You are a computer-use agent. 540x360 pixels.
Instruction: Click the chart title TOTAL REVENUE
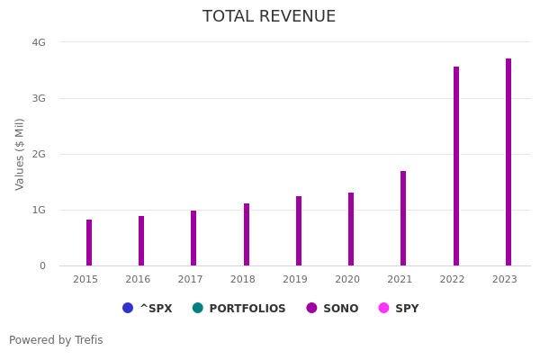click(x=269, y=17)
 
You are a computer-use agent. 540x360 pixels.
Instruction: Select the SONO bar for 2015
click(x=89, y=243)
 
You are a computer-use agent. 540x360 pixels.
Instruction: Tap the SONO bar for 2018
click(x=247, y=235)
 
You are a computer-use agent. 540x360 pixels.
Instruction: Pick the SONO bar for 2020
click(x=351, y=229)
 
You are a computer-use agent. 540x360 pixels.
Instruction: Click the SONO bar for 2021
click(x=403, y=219)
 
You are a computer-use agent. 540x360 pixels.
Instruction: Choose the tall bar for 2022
click(x=456, y=166)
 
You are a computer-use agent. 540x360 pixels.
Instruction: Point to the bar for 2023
click(x=508, y=162)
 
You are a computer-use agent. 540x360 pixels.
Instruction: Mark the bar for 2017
click(x=193, y=238)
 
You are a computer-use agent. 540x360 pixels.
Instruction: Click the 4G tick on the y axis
click(x=39, y=42)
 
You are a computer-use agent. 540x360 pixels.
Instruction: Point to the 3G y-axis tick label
click(x=39, y=98)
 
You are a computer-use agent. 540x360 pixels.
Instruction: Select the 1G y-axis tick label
click(x=39, y=210)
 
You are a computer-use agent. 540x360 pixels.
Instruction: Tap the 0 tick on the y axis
click(x=42, y=265)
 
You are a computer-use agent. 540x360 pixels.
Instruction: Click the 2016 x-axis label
click(x=138, y=280)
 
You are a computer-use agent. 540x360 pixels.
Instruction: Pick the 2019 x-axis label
click(x=295, y=280)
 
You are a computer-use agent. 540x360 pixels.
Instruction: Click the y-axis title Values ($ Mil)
click(x=20, y=154)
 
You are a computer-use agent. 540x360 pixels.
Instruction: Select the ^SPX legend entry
click(x=148, y=309)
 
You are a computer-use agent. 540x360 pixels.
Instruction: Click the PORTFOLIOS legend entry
click(x=239, y=309)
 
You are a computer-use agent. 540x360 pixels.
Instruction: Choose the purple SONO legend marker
click(x=312, y=308)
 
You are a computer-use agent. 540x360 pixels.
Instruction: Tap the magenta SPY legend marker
click(x=384, y=308)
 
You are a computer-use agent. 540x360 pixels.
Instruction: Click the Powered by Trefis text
click(x=56, y=340)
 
